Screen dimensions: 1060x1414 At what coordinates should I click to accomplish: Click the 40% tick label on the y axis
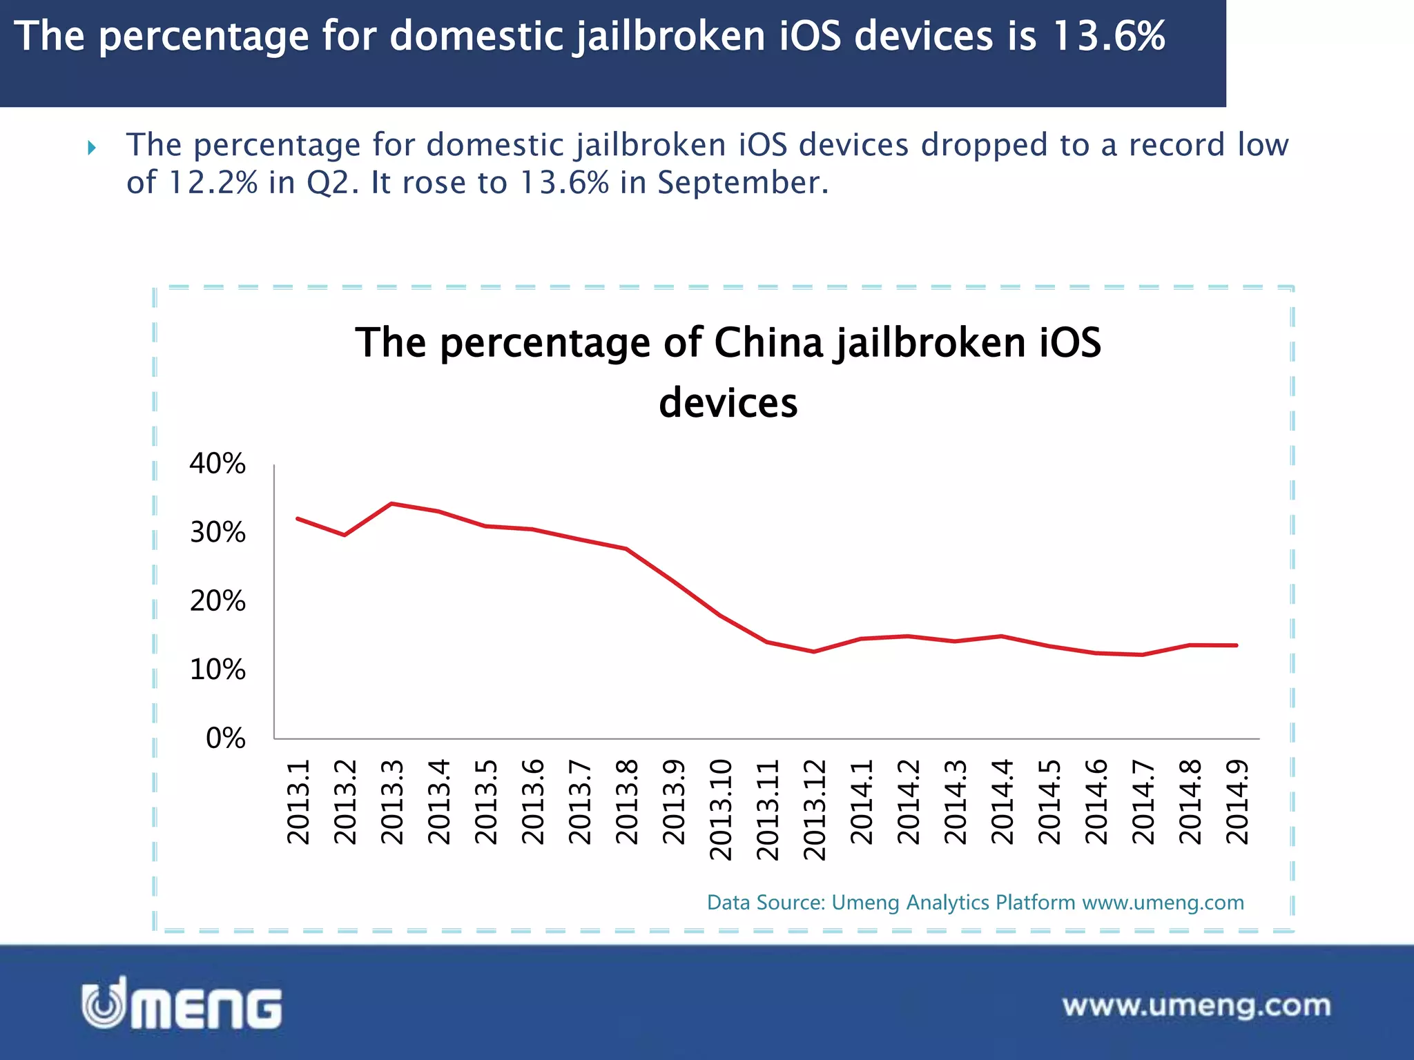[x=217, y=464]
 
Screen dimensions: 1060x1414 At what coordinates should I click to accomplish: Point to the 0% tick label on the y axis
[x=225, y=738]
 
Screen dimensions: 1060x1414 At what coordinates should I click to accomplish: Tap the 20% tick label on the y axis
[x=217, y=601]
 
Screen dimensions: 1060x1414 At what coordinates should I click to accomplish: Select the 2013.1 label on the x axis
[x=298, y=802]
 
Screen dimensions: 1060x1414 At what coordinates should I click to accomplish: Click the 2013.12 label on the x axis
[x=815, y=809]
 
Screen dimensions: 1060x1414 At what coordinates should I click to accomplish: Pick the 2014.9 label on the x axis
[x=1237, y=802]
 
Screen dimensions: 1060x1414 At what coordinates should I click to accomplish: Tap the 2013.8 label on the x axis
[x=627, y=802]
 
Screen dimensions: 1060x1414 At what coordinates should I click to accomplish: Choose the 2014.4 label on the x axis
[x=1003, y=802]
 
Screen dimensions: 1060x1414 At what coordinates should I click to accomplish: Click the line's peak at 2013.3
[x=391, y=504]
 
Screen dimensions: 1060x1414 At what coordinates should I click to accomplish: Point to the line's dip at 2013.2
[x=345, y=535]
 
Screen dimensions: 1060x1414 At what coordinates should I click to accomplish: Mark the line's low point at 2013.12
[x=814, y=651]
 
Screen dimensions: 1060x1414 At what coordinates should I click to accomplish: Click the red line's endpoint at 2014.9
[x=1236, y=645]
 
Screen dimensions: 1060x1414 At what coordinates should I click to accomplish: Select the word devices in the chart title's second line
[x=728, y=403]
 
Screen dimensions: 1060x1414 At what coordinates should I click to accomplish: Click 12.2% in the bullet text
[x=213, y=183]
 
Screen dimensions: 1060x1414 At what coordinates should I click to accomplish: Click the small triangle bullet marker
[x=92, y=147]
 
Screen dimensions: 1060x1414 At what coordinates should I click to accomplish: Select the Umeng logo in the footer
[x=182, y=1004]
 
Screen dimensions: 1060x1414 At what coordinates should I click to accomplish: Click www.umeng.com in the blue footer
[x=1197, y=1005]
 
